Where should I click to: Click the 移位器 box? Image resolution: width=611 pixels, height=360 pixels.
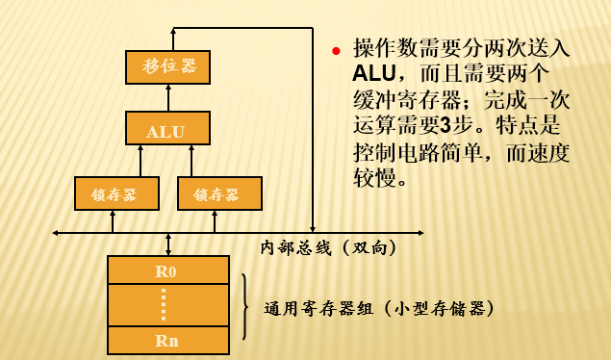[168, 65]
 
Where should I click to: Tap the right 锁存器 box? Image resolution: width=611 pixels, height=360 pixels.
[219, 193]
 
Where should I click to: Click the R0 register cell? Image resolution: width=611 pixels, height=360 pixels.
[167, 270]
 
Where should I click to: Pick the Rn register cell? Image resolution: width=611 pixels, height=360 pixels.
[167, 340]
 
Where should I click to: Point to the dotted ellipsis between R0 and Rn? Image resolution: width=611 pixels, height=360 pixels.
[165, 305]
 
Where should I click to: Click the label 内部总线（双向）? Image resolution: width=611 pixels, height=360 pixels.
[328, 247]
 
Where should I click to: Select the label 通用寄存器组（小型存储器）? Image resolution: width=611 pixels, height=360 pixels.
[379, 309]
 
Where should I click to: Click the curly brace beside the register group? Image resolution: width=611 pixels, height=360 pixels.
[246, 306]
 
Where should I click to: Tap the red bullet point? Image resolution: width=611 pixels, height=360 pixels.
[337, 50]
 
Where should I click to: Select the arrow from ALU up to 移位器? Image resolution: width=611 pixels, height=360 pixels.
[168, 96]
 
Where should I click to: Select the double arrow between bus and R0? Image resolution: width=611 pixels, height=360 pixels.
[169, 244]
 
